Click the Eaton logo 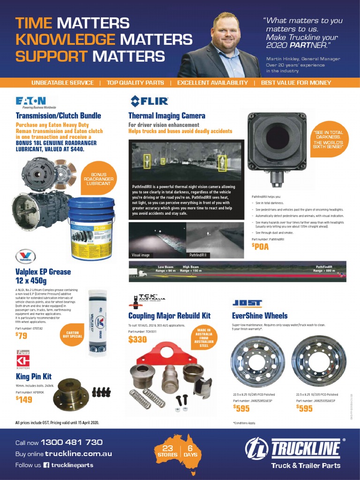[x=31, y=101]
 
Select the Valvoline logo [x=25, y=257]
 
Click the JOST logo [x=247, y=303]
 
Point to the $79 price [x=22, y=335]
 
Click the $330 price [x=137, y=339]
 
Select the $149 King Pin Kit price [x=24, y=399]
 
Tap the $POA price [x=260, y=247]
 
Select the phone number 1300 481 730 [x=71, y=442]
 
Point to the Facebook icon [x=46, y=465]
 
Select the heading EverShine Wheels [x=260, y=315]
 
